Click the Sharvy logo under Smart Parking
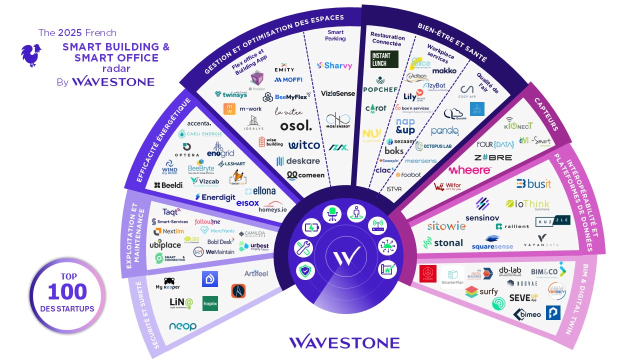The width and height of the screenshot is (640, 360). [334, 65]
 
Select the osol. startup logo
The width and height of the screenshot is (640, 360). [296, 125]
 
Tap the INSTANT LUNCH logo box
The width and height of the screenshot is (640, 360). [384, 59]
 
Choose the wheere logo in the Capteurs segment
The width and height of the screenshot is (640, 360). [469, 170]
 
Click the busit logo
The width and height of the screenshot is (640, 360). [533, 184]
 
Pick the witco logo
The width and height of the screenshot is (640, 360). [304, 145]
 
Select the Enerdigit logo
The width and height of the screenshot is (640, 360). [215, 197]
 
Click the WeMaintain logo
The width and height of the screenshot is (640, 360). [214, 251]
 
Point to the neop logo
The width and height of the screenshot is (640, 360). [182, 326]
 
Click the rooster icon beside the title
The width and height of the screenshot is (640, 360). [31, 55]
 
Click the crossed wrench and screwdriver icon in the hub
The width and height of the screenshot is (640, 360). [304, 248]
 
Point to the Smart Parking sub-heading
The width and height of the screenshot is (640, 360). [335, 35]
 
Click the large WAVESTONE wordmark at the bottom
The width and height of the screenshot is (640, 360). [344, 342]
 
